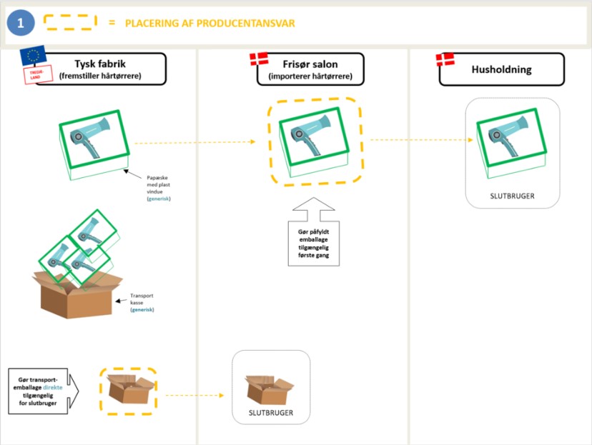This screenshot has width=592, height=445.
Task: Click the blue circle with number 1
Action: point(21,23)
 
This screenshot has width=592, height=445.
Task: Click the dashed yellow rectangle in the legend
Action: point(71,22)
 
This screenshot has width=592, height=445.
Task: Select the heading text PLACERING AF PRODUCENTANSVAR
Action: point(209,23)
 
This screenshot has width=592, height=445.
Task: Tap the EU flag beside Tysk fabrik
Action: point(32,56)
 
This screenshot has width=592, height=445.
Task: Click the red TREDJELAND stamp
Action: point(34,75)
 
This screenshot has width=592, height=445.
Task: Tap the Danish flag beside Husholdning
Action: point(445,60)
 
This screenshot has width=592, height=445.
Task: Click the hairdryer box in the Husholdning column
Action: point(511,139)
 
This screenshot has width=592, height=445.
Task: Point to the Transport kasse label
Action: point(142,301)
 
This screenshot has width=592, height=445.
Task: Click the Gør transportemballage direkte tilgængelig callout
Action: point(41,391)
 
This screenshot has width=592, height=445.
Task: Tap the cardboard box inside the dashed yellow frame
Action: point(128,391)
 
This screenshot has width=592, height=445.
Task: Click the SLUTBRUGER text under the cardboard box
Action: point(271,413)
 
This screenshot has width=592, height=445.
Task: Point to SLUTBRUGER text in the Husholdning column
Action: point(512,196)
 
